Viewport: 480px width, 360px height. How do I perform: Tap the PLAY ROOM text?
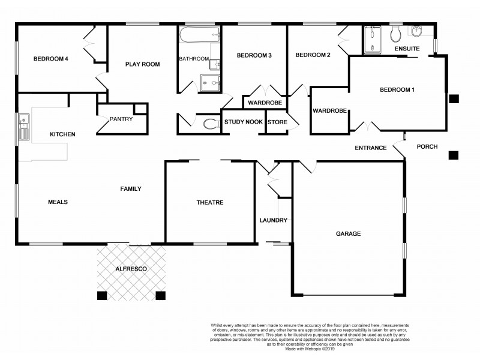tap(142, 64)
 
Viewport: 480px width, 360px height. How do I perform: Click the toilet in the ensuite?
tap(396, 31)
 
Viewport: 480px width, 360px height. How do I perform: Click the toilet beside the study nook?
tap(210, 124)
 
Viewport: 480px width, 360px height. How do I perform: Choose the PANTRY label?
tap(121, 119)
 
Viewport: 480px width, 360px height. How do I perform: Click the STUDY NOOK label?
tap(244, 122)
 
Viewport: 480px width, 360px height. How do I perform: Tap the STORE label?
tap(277, 122)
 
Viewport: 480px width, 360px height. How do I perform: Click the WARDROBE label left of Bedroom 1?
tap(329, 111)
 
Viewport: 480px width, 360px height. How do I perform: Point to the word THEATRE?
tap(210, 203)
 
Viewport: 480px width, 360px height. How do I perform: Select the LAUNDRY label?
tap(274, 220)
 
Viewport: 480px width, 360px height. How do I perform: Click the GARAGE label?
tap(347, 233)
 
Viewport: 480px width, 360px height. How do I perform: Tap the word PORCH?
tap(427, 147)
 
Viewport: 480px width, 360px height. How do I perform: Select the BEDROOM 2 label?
tap(313, 55)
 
